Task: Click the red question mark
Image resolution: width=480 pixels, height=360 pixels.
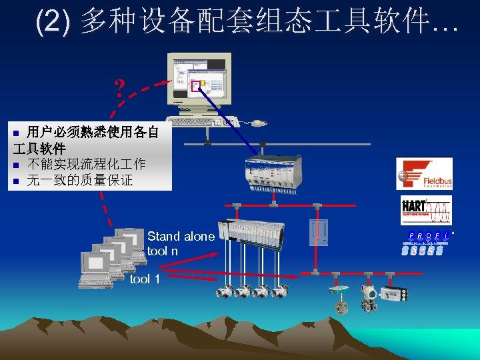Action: pos(119,87)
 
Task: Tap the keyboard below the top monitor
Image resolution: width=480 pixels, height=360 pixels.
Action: pos(203,122)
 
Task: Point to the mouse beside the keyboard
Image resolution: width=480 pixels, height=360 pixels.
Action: pos(257,123)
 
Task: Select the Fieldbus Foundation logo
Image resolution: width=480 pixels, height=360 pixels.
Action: pos(424,174)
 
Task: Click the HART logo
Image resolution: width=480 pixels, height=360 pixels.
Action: pos(425,210)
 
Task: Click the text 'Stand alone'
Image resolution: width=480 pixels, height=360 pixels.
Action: pos(181,236)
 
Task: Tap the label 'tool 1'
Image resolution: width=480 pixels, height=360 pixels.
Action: pos(145,279)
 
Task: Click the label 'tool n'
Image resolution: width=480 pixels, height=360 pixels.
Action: pos(162,251)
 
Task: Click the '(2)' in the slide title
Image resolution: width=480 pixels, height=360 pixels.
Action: pos(52,21)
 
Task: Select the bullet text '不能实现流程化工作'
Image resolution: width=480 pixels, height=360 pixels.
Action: pos(86,165)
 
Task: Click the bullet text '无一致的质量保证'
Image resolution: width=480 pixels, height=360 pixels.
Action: pos(79,180)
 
